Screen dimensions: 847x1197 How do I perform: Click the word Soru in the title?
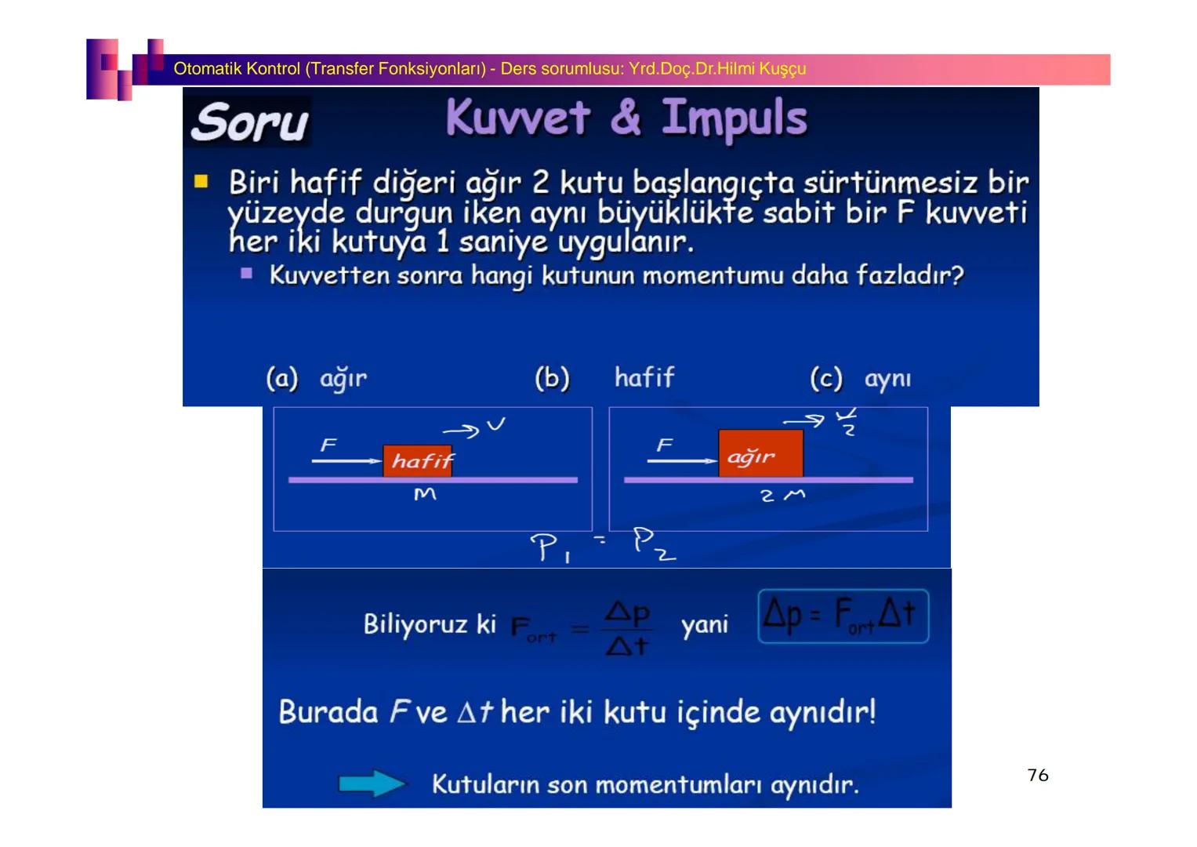tap(249, 122)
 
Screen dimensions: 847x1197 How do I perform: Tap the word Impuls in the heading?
tap(734, 118)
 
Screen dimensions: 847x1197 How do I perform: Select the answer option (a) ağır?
tap(317, 379)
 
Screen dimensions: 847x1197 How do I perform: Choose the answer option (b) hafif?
tap(604, 378)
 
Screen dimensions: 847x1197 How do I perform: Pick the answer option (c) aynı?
tap(861, 379)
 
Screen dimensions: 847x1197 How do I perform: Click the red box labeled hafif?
tap(418, 460)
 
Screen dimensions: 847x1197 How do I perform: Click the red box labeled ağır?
tap(760, 453)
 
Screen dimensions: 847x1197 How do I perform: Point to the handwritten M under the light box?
tap(425, 494)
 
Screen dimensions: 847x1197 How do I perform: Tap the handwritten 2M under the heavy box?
tap(782, 495)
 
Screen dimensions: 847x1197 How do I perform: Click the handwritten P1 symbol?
tap(550, 547)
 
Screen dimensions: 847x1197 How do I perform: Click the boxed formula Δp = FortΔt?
tap(843, 616)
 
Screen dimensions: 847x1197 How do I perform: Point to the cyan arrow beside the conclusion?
tap(372, 783)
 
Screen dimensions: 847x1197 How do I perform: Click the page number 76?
tap(1037, 775)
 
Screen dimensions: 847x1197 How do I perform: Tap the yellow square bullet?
tap(201, 182)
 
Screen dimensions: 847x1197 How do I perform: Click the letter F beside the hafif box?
tap(328, 445)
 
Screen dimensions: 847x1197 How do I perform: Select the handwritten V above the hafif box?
tap(495, 425)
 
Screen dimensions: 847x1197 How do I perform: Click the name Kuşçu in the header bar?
tap(782, 69)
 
